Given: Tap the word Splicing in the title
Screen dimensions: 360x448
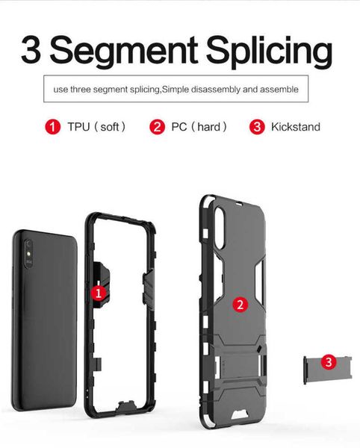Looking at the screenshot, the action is [x=269, y=52].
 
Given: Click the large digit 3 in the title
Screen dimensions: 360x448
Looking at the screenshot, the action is [x=31, y=49].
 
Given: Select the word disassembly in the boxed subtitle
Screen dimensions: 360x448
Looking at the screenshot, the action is [x=216, y=90].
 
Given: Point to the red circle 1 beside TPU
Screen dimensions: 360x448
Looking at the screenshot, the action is [x=52, y=127].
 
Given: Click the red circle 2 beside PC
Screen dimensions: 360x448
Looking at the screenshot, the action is [x=157, y=127].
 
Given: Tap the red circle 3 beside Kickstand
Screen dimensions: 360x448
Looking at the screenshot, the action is [x=257, y=127].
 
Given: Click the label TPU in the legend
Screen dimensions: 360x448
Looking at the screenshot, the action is [x=78, y=127].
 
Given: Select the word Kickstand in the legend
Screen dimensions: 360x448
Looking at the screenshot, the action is [x=296, y=127].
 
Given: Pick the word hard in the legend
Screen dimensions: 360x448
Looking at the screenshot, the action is [x=208, y=127].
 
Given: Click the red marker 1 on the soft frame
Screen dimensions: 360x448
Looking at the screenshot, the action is [x=99, y=293].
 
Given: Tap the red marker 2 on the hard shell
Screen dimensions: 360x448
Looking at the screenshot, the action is [x=240, y=305].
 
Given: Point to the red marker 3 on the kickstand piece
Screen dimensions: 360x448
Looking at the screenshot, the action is [x=329, y=362].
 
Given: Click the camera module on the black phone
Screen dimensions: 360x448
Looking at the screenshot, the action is [x=28, y=254].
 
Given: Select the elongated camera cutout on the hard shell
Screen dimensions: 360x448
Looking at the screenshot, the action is [x=220, y=228].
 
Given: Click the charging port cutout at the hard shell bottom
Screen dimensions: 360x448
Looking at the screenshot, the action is [x=240, y=414].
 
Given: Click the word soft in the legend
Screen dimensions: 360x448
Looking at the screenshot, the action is [x=110, y=127].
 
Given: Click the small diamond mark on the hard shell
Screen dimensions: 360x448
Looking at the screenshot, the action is [x=259, y=349].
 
